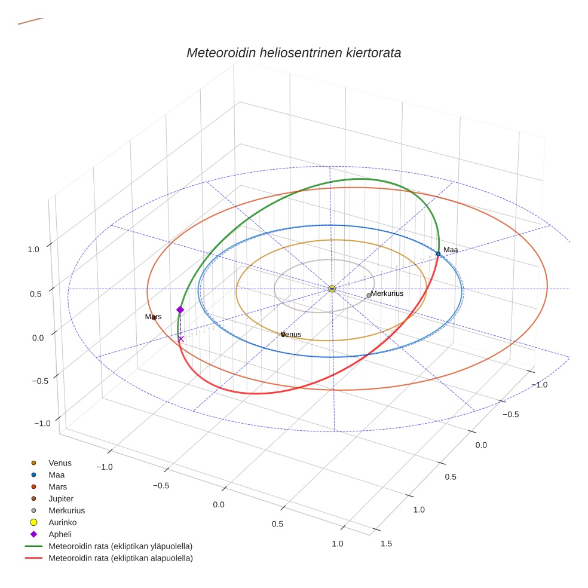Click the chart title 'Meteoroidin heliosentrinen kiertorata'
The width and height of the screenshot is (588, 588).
pos(293,53)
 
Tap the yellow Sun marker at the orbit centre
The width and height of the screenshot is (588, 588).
pos(332,289)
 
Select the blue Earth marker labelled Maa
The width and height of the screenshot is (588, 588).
pos(438,254)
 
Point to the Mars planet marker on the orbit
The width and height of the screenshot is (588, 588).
pos(154,317)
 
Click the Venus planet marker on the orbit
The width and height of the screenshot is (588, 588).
pos(283,335)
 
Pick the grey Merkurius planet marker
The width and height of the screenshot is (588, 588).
pos(369,295)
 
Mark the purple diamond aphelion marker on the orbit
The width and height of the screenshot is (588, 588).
pos(180,310)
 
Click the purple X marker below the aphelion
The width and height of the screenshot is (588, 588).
pos(181,339)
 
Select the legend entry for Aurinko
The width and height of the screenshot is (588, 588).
pos(62,522)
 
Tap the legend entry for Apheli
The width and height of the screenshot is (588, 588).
pos(60,534)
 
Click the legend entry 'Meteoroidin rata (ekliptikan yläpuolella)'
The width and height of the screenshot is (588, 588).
pos(120,546)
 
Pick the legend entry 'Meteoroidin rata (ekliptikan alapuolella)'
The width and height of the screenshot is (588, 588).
pos(120,558)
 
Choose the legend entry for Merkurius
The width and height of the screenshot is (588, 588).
pos(66,510)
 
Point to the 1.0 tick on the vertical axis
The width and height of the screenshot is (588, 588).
pos(33,249)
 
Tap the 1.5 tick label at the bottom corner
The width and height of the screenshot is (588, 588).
pos(386,543)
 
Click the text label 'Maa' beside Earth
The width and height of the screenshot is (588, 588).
pos(450,250)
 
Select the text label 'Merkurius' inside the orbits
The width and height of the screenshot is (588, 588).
pos(387,293)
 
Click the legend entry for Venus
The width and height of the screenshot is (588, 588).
pos(60,463)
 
